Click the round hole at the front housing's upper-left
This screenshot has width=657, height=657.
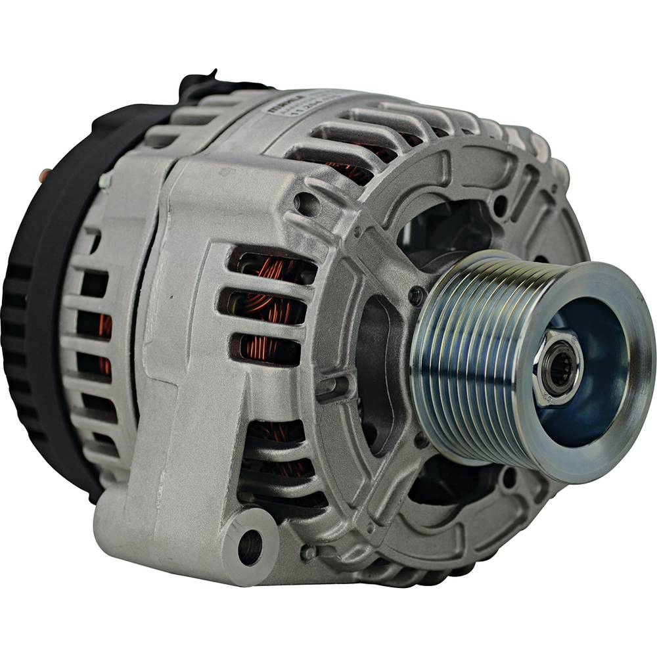(307, 203)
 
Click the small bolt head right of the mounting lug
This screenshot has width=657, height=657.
(308, 552)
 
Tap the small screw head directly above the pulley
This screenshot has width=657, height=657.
(417, 295)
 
